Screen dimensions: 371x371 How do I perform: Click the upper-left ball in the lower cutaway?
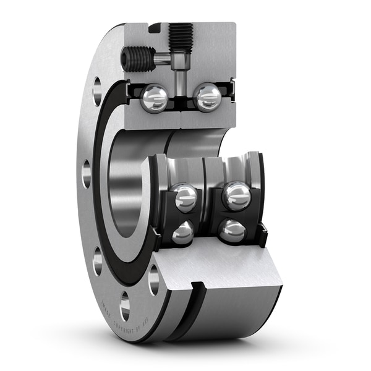pos(185,197)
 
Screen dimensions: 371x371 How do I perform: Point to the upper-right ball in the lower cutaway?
pos(236,196)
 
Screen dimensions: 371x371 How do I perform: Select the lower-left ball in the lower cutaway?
pos(183,232)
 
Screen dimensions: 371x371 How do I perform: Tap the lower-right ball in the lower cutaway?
pos(232,231)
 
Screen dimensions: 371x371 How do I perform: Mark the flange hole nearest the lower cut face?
pos(153,279)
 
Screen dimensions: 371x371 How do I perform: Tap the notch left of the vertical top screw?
pos(155,27)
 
